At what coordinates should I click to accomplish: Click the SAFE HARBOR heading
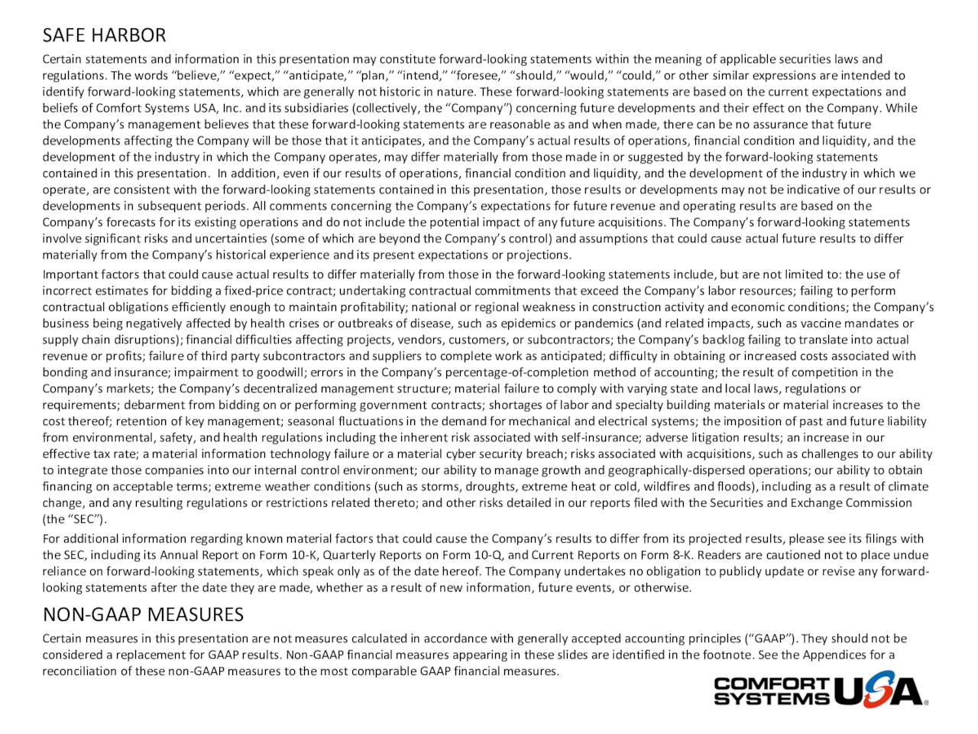104,35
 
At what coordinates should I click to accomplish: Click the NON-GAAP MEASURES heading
143,615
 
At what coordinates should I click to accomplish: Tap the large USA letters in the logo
878,690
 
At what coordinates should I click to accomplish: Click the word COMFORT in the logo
771,684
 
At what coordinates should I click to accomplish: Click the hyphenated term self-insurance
601,438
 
